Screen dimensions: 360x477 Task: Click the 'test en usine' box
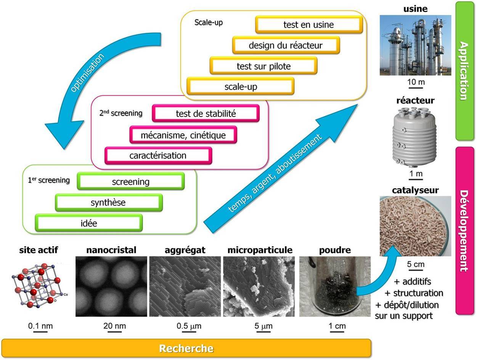[308, 25]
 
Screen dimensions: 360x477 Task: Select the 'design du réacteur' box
[286, 46]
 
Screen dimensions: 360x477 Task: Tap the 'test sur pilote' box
[263, 66]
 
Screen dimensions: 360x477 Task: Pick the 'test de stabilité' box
[206, 114]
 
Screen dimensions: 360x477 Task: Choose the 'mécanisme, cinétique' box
[183, 135]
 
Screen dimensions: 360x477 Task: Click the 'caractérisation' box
[158, 155]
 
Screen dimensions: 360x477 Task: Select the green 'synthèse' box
[108, 203]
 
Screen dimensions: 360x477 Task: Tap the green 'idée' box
[89, 223]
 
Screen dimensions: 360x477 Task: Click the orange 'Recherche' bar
[186, 348]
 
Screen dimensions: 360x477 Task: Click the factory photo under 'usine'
[415, 45]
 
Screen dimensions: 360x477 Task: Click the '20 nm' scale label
[114, 326]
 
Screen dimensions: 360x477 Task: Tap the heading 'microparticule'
[260, 250]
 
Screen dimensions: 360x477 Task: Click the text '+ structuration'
[413, 293]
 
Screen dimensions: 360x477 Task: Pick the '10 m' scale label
[416, 82]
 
